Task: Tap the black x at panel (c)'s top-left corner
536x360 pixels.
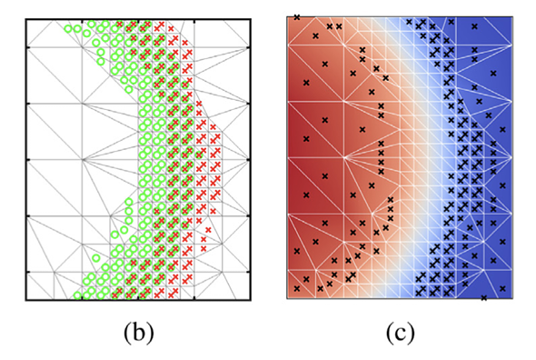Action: [297, 17]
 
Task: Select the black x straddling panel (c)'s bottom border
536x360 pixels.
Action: [483, 298]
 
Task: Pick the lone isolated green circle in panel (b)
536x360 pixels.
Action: [96, 257]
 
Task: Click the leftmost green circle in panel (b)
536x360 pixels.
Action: [68, 29]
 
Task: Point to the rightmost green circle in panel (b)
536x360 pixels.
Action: [199, 155]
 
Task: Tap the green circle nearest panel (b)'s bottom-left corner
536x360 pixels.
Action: [77, 295]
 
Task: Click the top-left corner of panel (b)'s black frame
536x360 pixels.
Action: [26, 19]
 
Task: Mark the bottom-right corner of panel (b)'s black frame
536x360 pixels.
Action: [251, 300]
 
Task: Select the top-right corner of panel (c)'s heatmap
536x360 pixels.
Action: [512, 16]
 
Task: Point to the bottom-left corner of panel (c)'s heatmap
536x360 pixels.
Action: [287, 298]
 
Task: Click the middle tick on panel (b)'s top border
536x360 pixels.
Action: [138, 21]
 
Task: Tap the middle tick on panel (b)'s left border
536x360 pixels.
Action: [28, 159]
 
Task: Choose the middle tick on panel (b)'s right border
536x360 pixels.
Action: [249, 159]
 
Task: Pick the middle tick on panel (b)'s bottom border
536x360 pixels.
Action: [138, 298]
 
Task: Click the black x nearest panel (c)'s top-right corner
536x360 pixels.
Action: [474, 26]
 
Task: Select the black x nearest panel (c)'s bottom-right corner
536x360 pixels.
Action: [502, 288]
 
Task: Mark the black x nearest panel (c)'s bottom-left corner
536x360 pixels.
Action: [297, 288]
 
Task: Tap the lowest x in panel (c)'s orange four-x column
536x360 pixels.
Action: [382, 172]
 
